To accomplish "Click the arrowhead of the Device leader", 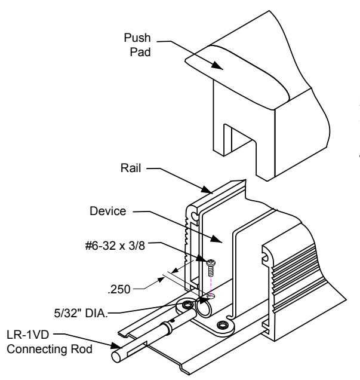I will point(221,242).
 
